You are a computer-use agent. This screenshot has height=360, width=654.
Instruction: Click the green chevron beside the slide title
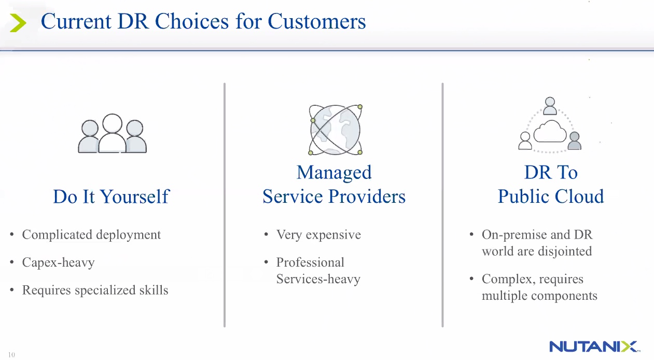18,23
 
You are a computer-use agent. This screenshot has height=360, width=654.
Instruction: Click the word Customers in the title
316,21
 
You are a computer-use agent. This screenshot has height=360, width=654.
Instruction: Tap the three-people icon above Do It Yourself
112,133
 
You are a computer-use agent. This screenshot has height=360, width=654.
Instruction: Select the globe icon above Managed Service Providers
336,130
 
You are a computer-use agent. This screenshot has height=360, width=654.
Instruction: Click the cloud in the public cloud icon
550,132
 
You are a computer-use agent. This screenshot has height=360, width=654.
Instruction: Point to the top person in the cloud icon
550,106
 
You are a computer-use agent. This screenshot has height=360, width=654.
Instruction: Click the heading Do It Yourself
111,196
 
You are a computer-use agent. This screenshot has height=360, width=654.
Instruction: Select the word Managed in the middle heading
334,173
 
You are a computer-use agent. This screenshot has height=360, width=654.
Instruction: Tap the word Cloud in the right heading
579,196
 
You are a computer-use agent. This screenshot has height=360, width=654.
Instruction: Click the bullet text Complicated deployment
91,235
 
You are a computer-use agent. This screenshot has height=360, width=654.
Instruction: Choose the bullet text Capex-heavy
59,262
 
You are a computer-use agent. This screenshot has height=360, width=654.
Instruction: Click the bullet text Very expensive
318,235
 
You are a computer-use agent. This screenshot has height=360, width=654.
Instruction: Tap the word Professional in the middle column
310,262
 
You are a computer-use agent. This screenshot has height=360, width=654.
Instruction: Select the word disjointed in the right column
565,252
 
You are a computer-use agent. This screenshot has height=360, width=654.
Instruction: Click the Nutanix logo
594,347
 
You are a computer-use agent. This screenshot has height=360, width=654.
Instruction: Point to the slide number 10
11,355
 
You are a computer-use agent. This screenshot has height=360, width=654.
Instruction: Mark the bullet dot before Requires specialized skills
12,290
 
